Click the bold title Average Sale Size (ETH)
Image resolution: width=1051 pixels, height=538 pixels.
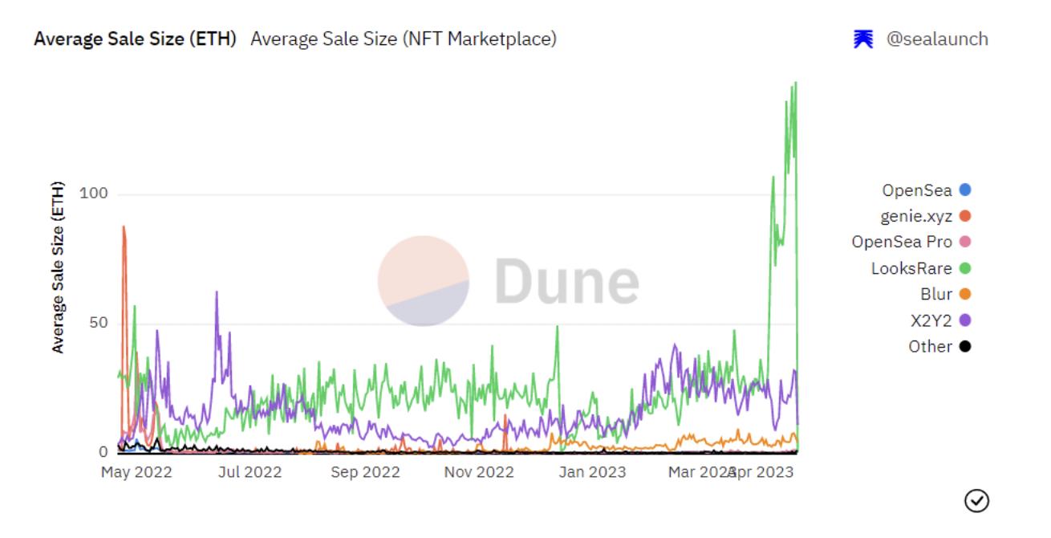135,39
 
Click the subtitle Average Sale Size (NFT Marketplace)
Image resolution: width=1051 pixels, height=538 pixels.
403,39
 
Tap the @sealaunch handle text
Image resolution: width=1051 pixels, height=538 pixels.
936,39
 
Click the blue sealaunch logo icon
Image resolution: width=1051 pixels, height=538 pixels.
863,39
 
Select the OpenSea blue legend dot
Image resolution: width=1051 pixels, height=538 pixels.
965,190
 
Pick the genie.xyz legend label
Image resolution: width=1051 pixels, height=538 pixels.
916,216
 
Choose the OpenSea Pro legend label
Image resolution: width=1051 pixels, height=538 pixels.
902,242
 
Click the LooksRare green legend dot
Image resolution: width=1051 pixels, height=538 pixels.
965,268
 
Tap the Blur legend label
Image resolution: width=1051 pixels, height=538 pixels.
936,294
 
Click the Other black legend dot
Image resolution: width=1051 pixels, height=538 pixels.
965,346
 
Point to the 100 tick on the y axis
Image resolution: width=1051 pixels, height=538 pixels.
95,194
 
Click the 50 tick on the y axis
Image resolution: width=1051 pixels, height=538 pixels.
99,324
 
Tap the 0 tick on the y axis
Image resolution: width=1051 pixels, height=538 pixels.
103,452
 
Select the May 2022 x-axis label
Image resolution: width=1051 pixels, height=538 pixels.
136,472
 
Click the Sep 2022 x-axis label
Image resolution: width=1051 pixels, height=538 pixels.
365,472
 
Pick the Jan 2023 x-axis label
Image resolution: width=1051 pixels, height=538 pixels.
593,472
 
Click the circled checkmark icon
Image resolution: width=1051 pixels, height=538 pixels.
976,500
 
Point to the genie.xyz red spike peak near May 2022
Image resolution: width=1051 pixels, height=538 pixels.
124,227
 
